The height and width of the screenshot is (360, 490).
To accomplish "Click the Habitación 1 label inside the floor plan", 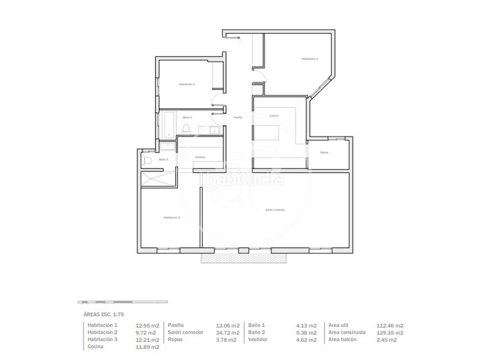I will (x=309, y=59).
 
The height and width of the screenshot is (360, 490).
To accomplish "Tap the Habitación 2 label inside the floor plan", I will (x=187, y=84).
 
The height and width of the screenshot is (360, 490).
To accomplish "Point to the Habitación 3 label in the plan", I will (x=171, y=217).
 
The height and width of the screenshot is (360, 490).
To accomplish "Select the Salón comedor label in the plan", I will (x=275, y=210).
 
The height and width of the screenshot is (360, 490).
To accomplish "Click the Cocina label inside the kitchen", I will (x=274, y=116).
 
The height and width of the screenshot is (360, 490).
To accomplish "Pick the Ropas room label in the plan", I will (x=324, y=152).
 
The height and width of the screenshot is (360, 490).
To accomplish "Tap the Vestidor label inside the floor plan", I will (x=200, y=157).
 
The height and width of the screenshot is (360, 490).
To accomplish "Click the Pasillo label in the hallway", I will (x=238, y=118).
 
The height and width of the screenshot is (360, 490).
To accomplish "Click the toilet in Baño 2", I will (x=186, y=129).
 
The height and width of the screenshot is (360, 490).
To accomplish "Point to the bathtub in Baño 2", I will (x=167, y=126).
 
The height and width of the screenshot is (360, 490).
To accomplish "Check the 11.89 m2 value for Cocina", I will (x=148, y=347).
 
